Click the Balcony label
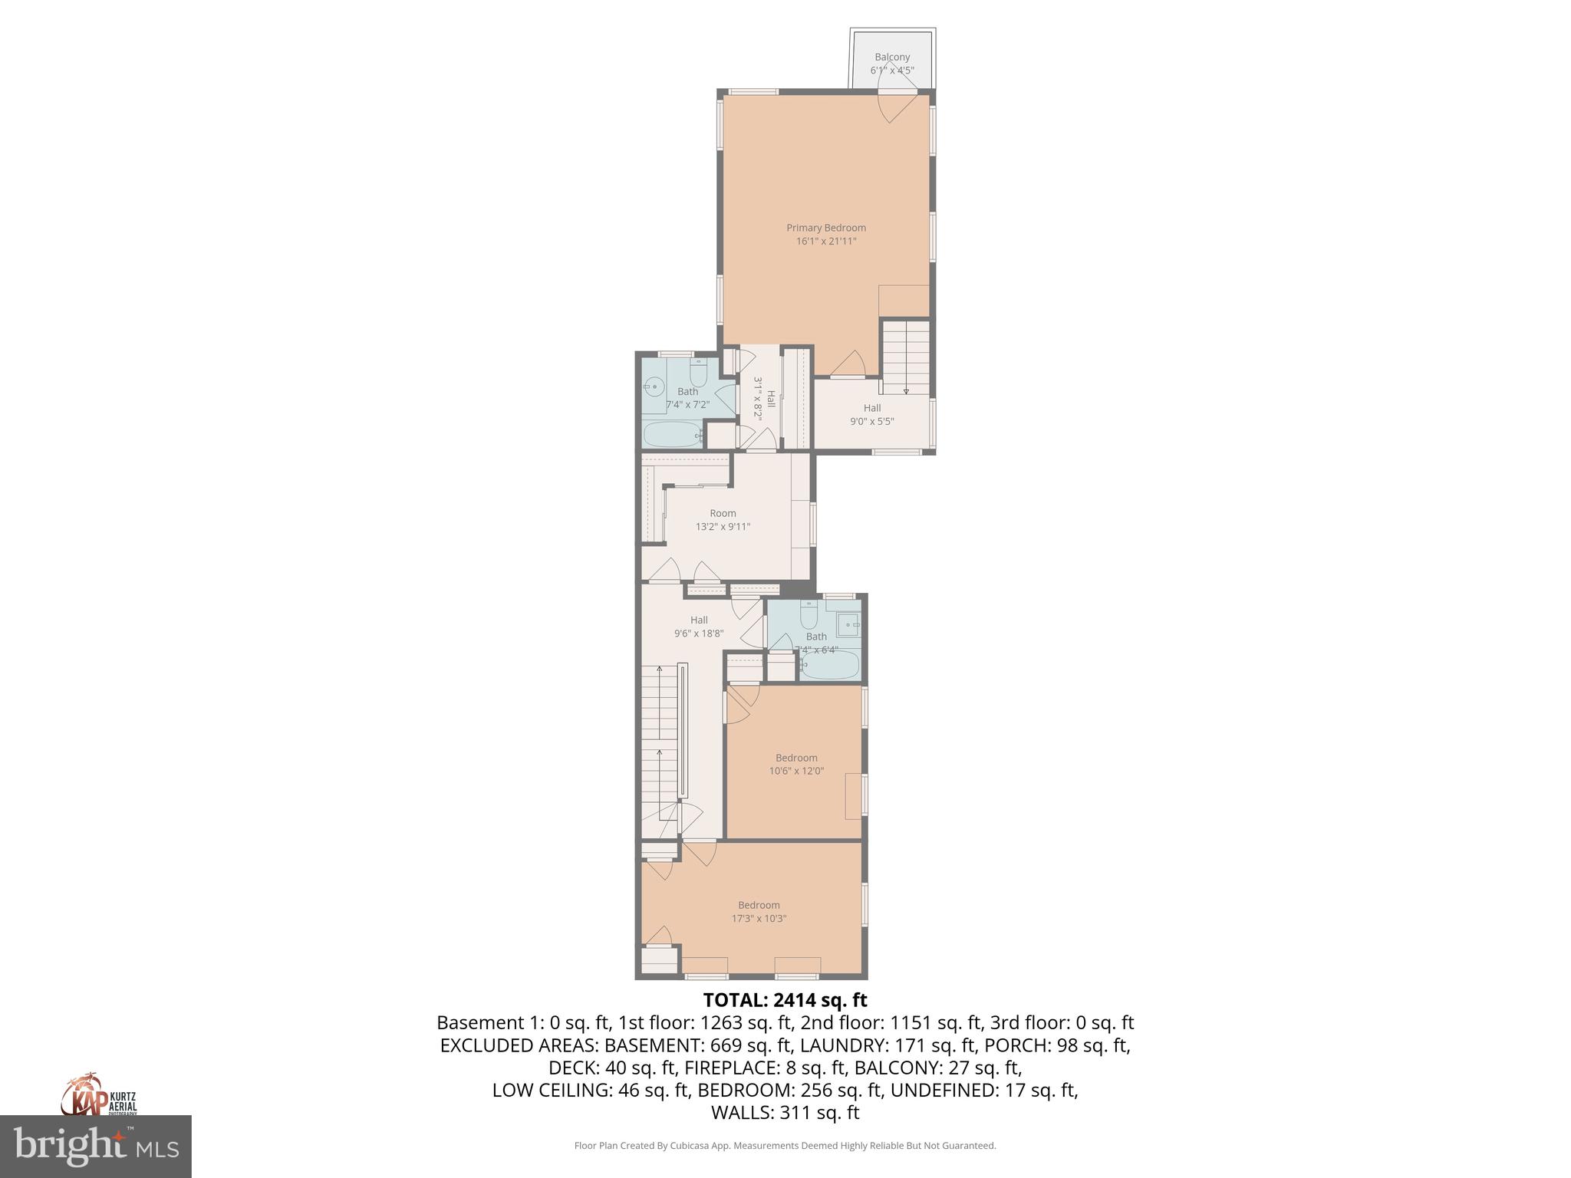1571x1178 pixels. coord(891,58)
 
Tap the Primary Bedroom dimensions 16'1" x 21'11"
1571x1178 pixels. coord(825,242)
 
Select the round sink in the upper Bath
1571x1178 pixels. coord(654,387)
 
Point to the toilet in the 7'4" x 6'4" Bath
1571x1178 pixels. coord(809,616)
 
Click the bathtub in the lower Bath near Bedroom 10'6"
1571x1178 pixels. coord(829,666)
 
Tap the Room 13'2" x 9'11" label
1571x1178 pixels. coord(723,520)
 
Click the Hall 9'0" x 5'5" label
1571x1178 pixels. coord(872,414)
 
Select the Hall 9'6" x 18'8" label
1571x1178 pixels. coord(699,627)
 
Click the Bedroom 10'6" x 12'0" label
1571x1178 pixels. coord(796,764)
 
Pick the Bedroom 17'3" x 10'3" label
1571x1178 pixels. coord(759,911)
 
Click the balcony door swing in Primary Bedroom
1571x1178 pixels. coord(895,108)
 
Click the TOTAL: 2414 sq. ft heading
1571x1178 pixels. coord(785,1000)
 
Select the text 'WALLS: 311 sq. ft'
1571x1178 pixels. coord(785,1113)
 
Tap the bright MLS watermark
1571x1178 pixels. coord(95,1147)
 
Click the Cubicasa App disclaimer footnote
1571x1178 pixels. coord(785,1146)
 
